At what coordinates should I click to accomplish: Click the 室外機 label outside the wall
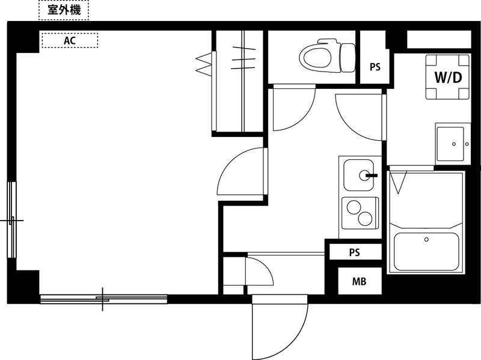point(64,10)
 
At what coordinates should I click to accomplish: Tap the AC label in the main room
point(70,40)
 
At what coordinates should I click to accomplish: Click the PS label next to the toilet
point(375,67)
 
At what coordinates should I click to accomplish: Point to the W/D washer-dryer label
point(448,78)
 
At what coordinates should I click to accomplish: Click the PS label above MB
point(354,252)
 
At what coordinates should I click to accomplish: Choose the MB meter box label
point(359,281)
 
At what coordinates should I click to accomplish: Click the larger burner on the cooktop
point(354,207)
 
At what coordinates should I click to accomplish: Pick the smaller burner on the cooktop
point(365,219)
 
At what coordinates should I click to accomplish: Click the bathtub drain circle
point(426,239)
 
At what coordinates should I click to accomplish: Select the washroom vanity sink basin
point(450,144)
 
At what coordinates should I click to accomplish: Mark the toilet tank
point(348,58)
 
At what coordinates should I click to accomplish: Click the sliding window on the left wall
point(11,219)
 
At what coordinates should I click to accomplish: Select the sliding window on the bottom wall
point(103,299)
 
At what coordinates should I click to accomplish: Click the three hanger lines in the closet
point(244,58)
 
